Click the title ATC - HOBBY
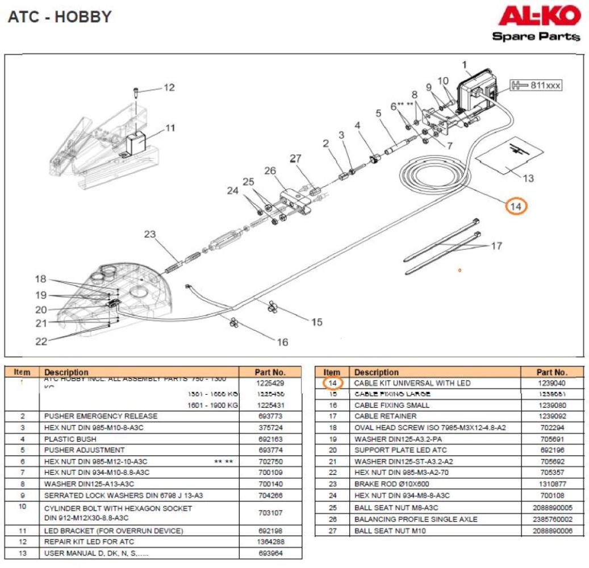[60, 17]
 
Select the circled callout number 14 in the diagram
[516, 207]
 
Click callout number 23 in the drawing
[149, 234]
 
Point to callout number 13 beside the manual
[528, 178]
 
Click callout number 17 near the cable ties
[496, 246]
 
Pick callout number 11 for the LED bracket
[170, 128]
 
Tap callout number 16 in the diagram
[282, 342]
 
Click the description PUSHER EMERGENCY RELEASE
[101, 416]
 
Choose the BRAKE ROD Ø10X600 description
[391, 485]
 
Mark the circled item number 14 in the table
[333, 383]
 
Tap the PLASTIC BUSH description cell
[70, 439]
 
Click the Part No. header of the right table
[552, 373]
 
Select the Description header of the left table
[66, 373]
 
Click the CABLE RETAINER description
[385, 416]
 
